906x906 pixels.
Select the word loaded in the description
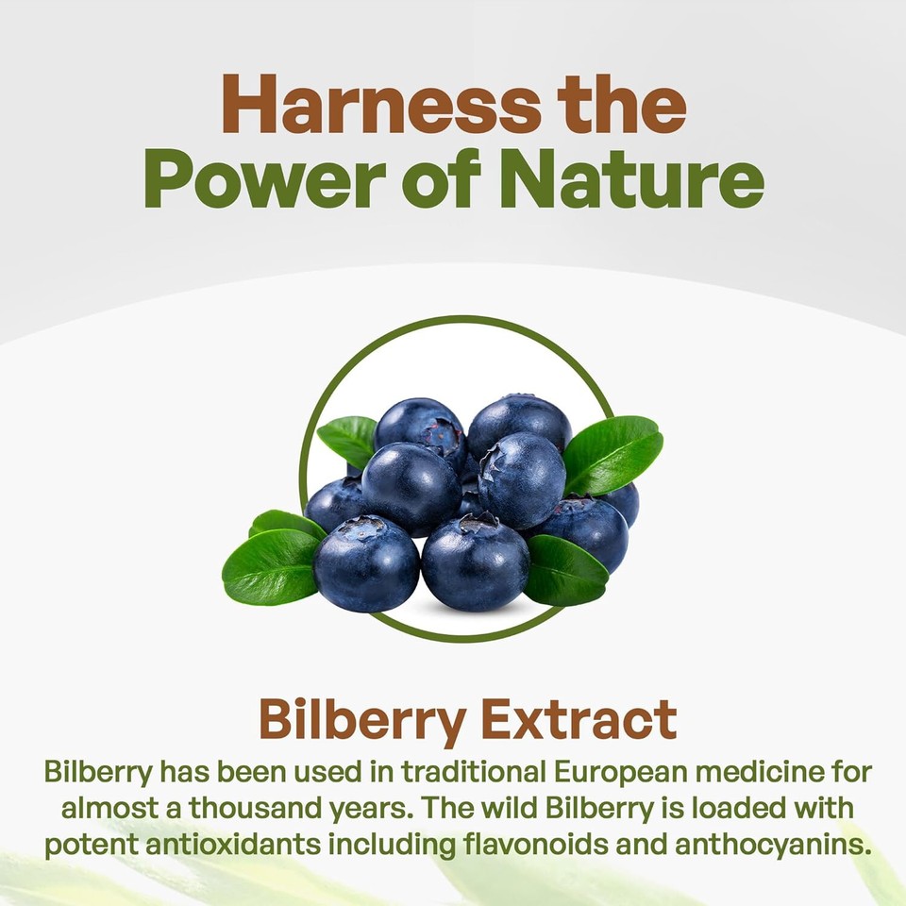coord(720,808)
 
